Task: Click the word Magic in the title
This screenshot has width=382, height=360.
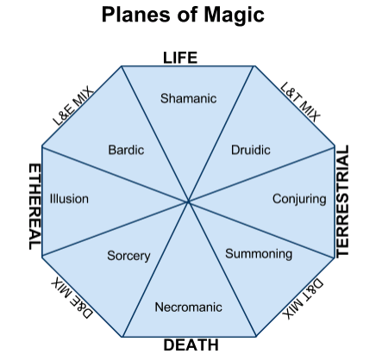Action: pos(234,16)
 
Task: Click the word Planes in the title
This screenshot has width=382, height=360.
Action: pos(136,15)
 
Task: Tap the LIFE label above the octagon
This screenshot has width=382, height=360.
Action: pos(180,58)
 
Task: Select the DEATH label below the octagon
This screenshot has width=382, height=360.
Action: pos(191,344)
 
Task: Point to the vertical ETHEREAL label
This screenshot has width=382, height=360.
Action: pos(35,207)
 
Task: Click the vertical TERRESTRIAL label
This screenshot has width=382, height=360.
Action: pos(342,201)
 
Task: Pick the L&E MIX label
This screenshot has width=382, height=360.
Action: pos(73,106)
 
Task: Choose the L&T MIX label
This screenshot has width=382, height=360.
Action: pos(300,102)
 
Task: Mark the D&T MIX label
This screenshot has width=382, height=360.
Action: pos(303,299)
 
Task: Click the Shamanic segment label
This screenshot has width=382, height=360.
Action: pos(188,98)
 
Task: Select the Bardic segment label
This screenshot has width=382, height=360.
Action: pos(126,150)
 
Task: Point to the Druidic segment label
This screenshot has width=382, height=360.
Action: pos(251,150)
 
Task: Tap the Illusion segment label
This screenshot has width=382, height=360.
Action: pos(69,199)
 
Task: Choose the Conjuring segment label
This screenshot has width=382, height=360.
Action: pos(299,199)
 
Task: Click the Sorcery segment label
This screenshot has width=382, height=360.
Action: pos(128,256)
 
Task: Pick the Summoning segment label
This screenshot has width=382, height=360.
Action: pos(259,254)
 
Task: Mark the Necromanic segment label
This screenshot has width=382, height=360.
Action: pos(188,307)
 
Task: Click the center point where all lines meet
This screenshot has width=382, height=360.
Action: pos(188,202)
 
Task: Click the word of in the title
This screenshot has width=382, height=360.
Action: pos(187,15)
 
